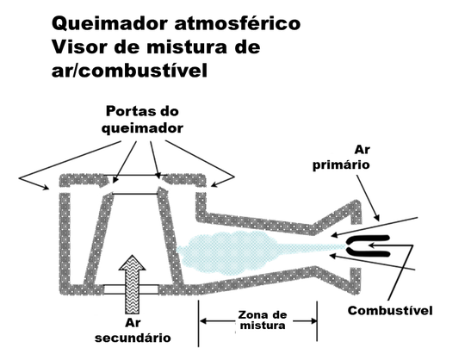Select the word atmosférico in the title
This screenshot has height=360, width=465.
238,23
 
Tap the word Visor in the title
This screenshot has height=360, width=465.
82,47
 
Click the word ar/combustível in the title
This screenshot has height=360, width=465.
129,71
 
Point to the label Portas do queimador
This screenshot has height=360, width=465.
142,120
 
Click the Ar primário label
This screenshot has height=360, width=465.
341,158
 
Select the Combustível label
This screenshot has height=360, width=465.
390,310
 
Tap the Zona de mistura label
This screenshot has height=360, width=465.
263,320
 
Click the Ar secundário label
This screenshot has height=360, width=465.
133,331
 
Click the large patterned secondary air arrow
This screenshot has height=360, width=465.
133,284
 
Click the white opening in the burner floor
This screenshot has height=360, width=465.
131,289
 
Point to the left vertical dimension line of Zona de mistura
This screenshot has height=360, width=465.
198,323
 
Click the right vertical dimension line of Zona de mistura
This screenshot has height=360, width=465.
317,321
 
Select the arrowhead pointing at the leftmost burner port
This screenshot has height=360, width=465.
46,187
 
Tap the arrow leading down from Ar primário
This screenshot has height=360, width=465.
368,198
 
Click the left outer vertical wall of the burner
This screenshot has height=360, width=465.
65,239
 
